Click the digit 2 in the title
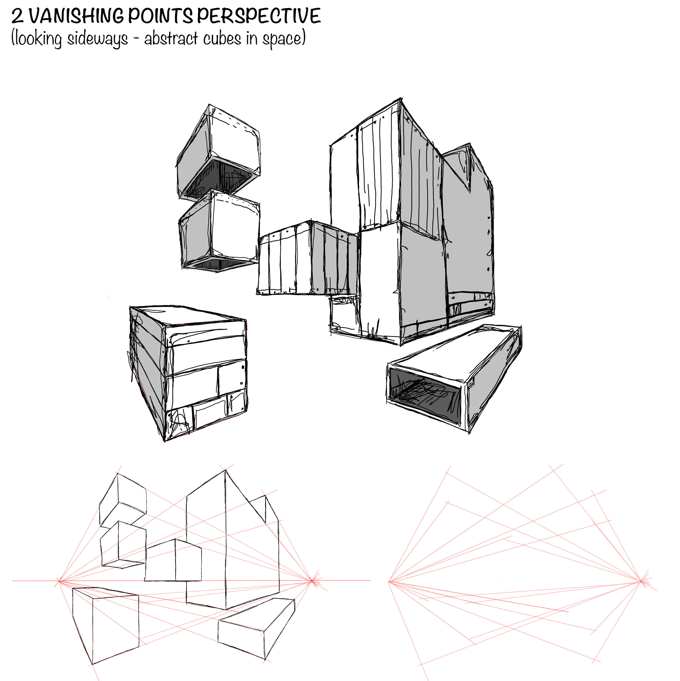click(x=17, y=16)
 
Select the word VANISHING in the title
click(x=76, y=16)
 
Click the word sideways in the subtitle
click(x=97, y=39)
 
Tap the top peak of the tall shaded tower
click(x=401, y=99)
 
